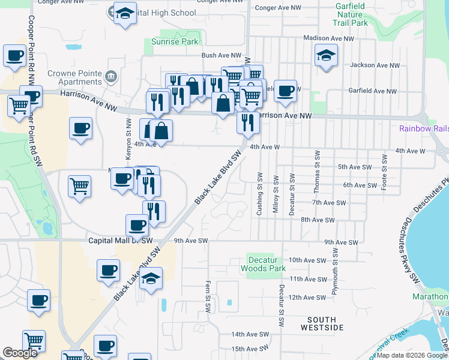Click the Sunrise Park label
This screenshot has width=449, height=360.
173,42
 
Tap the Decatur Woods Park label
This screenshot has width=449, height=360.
263,265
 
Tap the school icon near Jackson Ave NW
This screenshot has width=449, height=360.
326,55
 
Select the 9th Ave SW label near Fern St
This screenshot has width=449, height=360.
190,241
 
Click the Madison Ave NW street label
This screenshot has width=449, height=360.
329,38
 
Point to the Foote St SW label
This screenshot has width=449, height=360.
384,172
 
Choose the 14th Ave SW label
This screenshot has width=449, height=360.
250,334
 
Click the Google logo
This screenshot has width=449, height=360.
20,353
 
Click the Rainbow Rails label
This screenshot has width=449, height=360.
424,129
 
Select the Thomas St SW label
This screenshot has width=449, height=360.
316,172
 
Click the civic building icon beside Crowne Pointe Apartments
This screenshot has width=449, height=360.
110,77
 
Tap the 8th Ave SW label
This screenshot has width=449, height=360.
318,220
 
